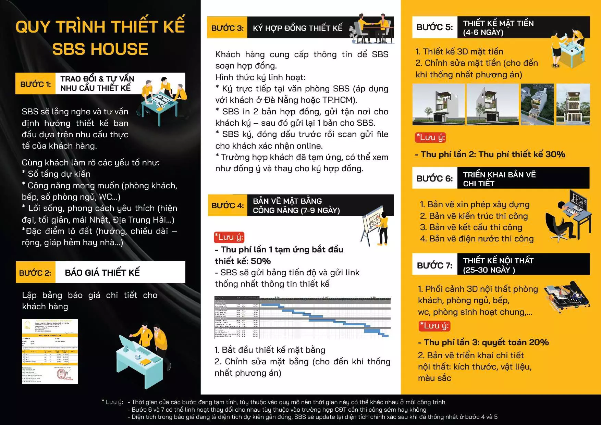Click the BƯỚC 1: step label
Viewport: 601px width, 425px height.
point(35,84)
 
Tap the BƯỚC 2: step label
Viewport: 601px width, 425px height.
point(35,273)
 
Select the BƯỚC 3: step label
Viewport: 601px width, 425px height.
point(227,28)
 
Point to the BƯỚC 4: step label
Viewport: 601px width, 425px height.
point(228,205)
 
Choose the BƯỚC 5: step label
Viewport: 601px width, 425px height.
point(434,27)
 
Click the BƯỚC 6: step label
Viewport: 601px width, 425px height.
point(434,178)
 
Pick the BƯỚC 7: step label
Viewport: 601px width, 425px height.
point(434,265)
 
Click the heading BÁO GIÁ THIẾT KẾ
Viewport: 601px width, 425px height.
point(102,273)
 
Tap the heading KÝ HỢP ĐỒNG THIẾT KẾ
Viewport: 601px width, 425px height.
point(297,28)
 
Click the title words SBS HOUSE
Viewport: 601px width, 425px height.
point(100,49)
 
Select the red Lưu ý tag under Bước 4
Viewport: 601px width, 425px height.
point(229,237)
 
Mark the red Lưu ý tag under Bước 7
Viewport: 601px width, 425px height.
point(434,326)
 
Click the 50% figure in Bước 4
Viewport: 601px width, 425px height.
point(261,261)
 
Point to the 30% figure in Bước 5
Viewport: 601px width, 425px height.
point(555,154)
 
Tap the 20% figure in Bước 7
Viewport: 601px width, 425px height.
point(539,342)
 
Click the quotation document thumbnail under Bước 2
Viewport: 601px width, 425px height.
point(50,351)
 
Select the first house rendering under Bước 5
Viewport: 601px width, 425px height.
point(439,104)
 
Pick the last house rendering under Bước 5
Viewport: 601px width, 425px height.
point(573,104)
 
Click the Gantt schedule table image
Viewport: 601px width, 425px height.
point(302,316)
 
